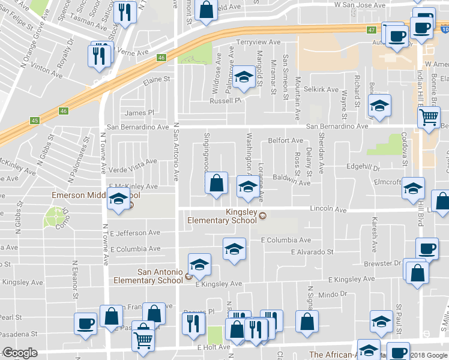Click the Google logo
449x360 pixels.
click(20, 353)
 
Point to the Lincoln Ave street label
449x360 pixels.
click(328, 210)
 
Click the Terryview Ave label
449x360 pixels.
click(258, 43)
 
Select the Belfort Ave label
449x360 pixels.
click(285, 140)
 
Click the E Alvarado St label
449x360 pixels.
click(312, 252)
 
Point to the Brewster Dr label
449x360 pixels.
click(381, 263)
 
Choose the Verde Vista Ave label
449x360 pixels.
click(133, 161)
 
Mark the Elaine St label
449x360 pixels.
click(156, 79)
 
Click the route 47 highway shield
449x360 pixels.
click(372, 29)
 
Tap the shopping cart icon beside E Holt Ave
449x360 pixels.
click(143, 340)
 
